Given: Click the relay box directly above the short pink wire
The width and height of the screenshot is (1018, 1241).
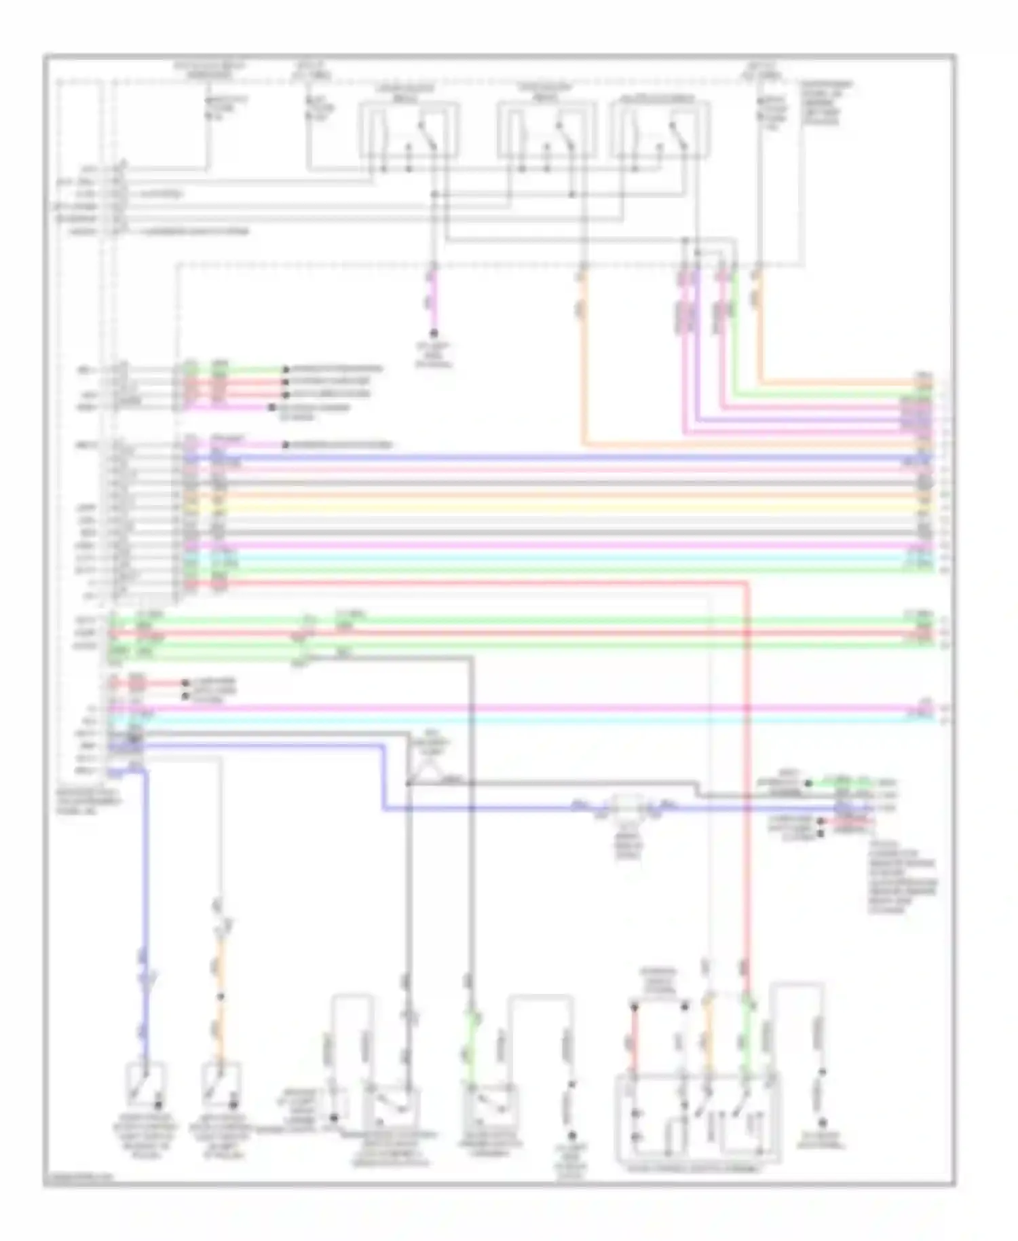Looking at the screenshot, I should [x=409, y=129].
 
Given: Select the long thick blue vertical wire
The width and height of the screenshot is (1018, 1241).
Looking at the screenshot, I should [x=144, y=916].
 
